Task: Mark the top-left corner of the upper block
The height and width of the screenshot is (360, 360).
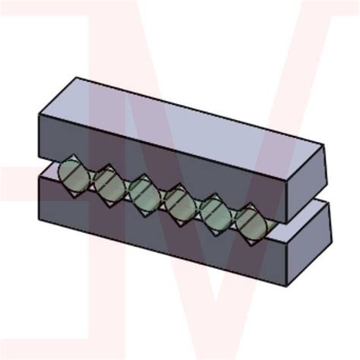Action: pyautogui.click(x=77, y=77)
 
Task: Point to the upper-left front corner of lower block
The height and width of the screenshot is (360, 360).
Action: pyautogui.click(x=39, y=179)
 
